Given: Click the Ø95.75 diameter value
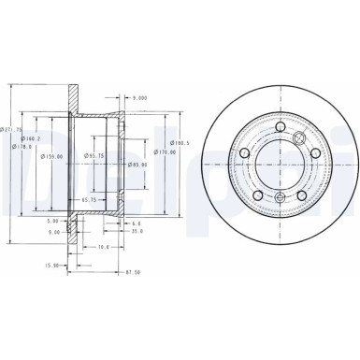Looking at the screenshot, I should pos(94,154).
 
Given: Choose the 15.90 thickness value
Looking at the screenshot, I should pos(52,265).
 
